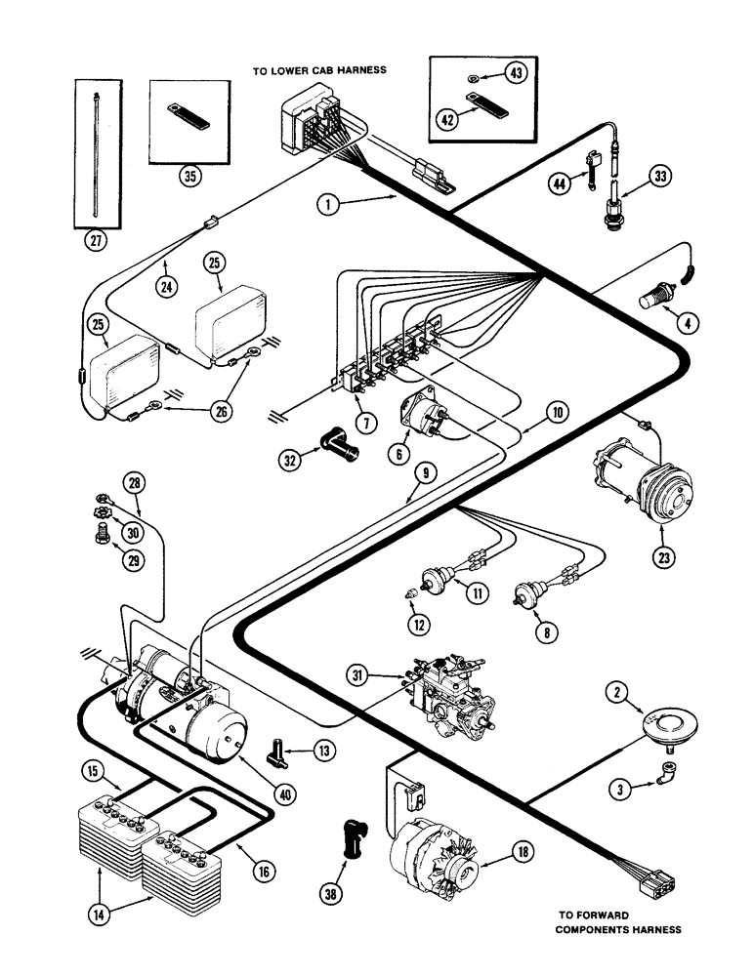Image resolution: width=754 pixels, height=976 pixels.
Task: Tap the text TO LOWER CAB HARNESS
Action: [327, 70]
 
